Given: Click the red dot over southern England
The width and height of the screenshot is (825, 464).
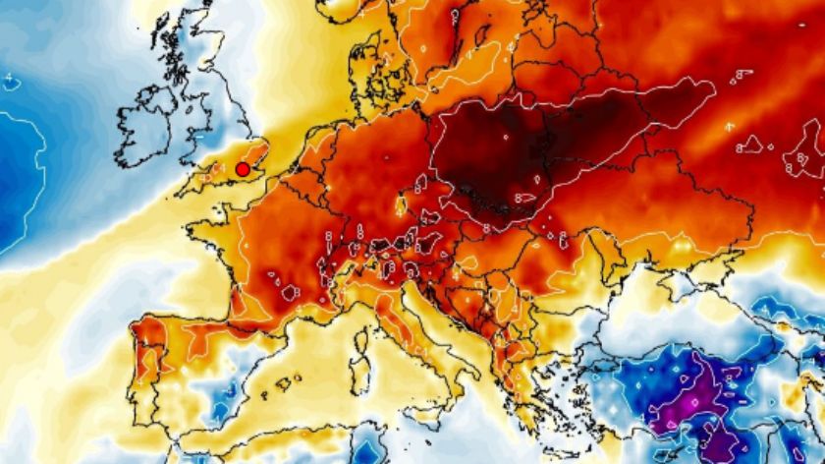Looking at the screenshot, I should pyautogui.click(x=242, y=170).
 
